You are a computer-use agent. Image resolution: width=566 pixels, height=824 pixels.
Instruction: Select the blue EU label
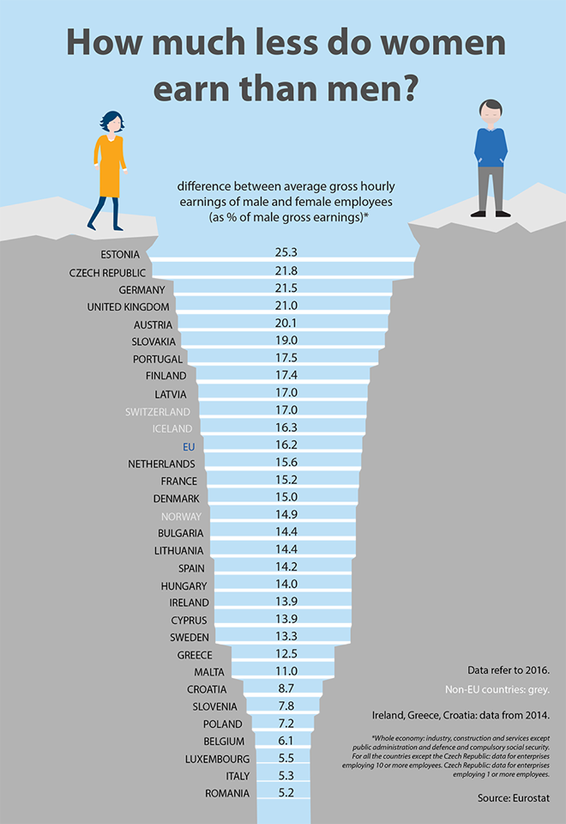(x=190, y=446)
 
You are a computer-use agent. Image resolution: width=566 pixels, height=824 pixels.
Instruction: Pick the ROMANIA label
(x=227, y=793)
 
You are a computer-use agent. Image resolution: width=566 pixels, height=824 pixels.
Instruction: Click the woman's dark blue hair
(x=111, y=122)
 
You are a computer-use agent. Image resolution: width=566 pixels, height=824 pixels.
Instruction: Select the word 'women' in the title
(x=425, y=43)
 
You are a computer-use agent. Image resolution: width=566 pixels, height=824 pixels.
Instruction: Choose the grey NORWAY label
(x=181, y=516)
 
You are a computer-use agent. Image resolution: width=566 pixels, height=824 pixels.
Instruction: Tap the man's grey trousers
(x=491, y=189)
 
